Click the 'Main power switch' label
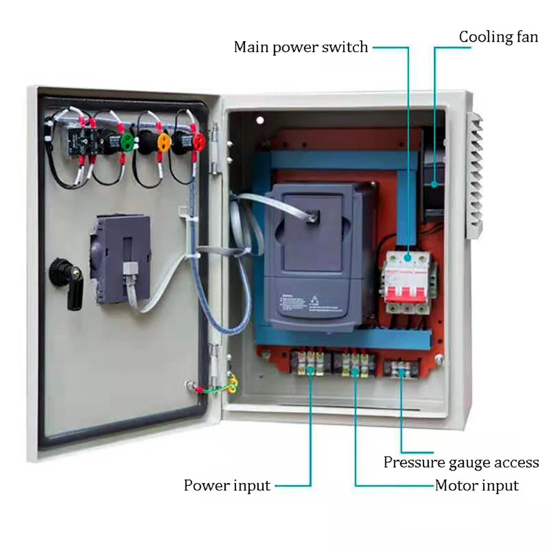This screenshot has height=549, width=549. pos(301,47)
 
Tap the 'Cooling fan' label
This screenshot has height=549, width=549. pos(498,37)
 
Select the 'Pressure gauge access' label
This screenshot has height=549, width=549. pos(461,462)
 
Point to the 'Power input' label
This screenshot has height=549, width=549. pos(227,486)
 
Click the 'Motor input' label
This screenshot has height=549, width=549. pos(477,486)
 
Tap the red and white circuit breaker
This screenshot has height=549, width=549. pos(406,280)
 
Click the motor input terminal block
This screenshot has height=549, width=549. pos(355,364)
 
